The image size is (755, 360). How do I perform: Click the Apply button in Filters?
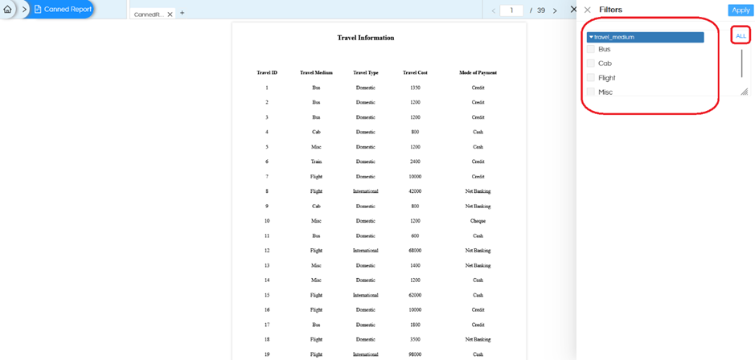[x=740, y=10]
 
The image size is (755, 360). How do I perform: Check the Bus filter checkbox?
[x=591, y=49]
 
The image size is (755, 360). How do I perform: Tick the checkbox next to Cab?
[x=591, y=63]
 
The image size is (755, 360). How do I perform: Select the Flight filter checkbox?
[x=591, y=78]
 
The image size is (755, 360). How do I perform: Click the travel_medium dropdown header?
[x=646, y=37]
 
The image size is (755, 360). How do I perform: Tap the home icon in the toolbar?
[x=8, y=10]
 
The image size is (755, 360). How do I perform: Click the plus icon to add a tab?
[x=182, y=14]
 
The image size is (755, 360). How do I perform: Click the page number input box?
[x=511, y=10]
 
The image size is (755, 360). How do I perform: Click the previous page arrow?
[x=494, y=10]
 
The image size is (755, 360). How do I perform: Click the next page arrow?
[x=555, y=10]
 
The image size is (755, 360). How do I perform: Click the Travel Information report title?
[x=366, y=38]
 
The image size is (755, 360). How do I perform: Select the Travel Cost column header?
[x=415, y=72]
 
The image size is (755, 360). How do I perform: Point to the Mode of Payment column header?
[x=478, y=72]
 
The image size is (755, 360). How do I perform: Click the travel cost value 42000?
[x=415, y=191]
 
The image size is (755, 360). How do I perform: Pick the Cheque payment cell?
[x=478, y=220]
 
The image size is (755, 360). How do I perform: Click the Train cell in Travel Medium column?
[x=316, y=162]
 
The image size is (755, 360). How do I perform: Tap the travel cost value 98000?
[x=415, y=354]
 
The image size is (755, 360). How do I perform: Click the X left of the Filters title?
[x=588, y=10]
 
